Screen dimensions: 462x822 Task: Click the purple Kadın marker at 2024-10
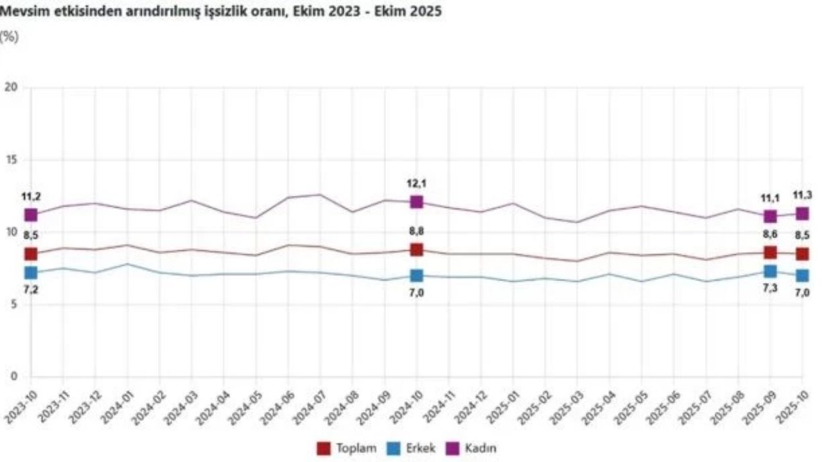pyautogui.click(x=417, y=202)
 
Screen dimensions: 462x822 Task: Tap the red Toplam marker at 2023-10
pyautogui.click(x=31, y=254)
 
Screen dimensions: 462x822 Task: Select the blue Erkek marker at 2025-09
pyautogui.click(x=770, y=271)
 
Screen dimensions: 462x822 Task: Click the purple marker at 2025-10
pyautogui.click(x=802, y=214)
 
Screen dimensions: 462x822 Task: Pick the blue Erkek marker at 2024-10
pyautogui.click(x=417, y=275)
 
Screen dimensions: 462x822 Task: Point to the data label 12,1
pyautogui.click(x=417, y=184)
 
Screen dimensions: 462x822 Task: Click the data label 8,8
pyautogui.click(x=417, y=232)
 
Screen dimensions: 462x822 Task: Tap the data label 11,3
pyautogui.click(x=802, y=195)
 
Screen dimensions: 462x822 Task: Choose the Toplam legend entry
pyautogui.click(x=347, y=448)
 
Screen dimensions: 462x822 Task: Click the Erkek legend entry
pyautogui.click(x=412, y=448)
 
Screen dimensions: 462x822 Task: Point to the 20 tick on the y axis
pyautogui.click(x=10, y=87)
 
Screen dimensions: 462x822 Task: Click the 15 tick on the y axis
pyautogui.click(x=10, y=160)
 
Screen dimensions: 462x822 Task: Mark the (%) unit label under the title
pyautogui.click(x=10, y=36)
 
